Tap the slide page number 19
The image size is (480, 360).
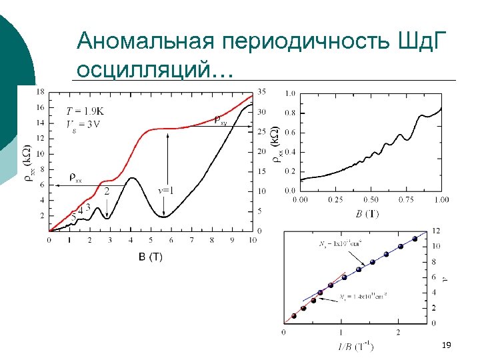[x=447, y=345]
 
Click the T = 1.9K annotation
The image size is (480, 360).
[x=85, y=111]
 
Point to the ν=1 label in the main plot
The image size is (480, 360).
[x=166, y=191]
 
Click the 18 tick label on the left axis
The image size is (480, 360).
[x=41, y=92]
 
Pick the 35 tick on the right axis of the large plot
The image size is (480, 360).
[x=261, y=91]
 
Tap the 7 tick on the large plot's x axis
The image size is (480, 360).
[x=191, y=239]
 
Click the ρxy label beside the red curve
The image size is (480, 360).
[x=220, y=120]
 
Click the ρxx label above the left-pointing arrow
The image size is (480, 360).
[x=75, y=177]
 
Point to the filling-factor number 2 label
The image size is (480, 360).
[x=107, y=191]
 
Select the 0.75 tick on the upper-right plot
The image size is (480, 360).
[x=405, y=200]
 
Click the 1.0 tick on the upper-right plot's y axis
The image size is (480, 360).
[x=290, y=93]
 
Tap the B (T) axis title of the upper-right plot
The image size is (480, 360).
[x=368, y=213]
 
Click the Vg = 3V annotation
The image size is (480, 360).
[x=84, y=123]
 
